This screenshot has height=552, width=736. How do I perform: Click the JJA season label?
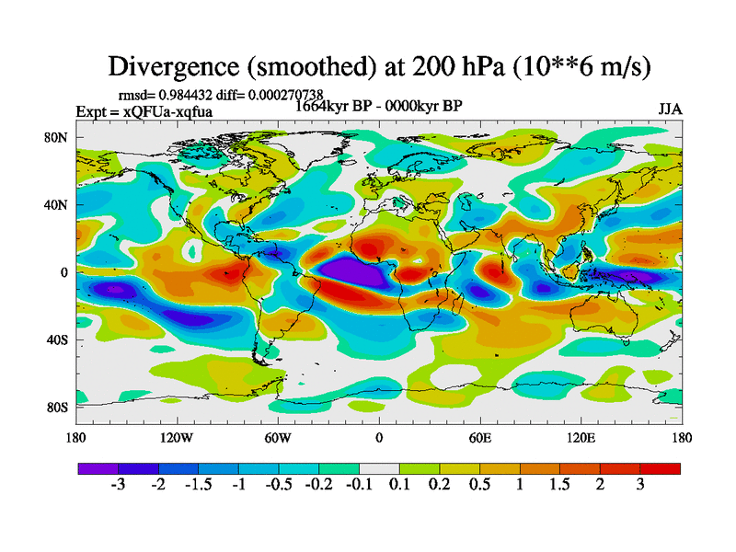click(670, 109)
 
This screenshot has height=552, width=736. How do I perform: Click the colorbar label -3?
click(118, 485)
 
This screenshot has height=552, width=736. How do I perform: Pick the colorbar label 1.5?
click(558, 485)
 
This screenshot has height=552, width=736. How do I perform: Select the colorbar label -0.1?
click(357, 485)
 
